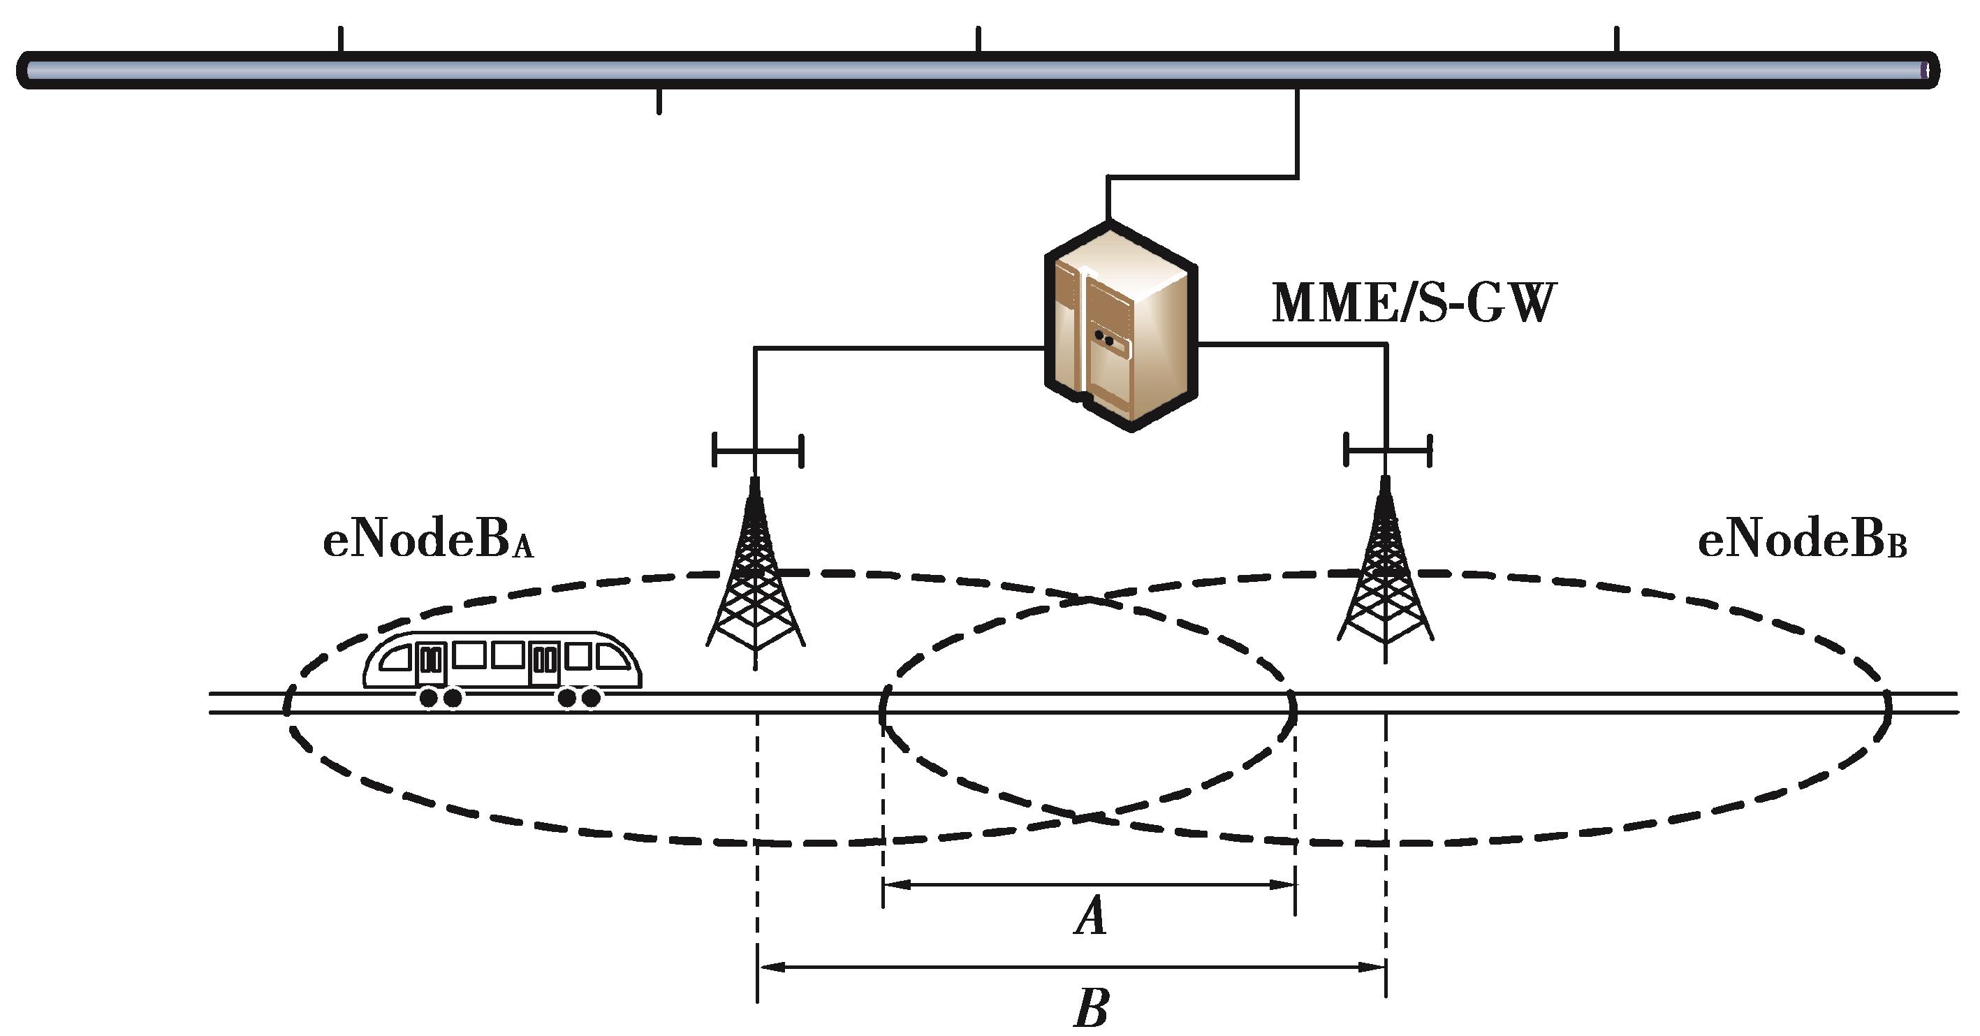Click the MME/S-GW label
pyautogui.click(x=1414, y=304)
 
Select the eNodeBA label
pyautogui.click(x=427, y=542)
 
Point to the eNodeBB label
pyautogui.click(x=1802, y=542)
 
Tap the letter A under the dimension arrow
pyautogui.click(x=1091, y=916)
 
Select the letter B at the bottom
pyautogui.click(x=1091, y=1008)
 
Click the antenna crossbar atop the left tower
pyautogui.click(x=758, y=451)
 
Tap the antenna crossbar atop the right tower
pyautogui.click(x=1387, y=451)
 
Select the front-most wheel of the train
pyautogui.click(x=590, y=698)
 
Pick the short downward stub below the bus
pyautogui.click(x=659, y=101)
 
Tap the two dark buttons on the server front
pyautogui.click(x=1103, y=337)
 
